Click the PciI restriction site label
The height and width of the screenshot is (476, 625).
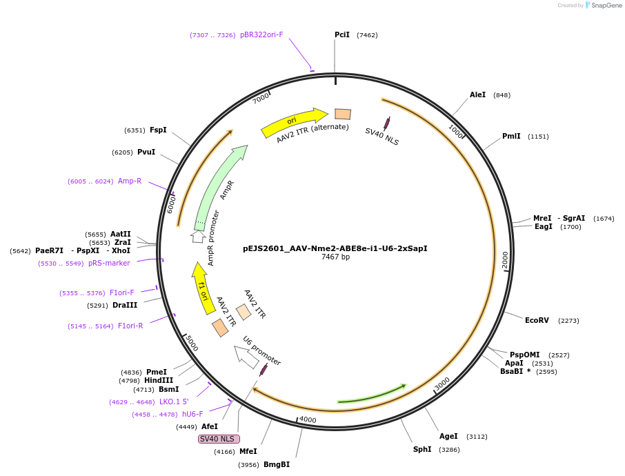pos(342,34)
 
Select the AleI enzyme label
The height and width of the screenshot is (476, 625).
pos(478,95)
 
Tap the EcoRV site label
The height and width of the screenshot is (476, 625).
pos(537,320)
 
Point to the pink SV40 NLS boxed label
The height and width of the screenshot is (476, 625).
pos(219,439)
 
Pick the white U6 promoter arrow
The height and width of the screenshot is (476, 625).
pos(245,355)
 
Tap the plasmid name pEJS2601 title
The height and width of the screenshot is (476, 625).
pos(335,248)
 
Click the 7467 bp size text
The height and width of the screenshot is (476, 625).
pos(335,257)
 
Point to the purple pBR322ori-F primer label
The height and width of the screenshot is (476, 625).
pos(261,34)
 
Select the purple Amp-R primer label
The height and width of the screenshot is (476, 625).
pos(130,181)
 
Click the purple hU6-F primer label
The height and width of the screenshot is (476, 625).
pos(192,414)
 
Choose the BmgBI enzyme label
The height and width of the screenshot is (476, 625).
pos(277,464)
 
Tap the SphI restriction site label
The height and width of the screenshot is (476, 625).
pos(422,449)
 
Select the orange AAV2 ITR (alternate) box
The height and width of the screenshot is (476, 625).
pos(343,115)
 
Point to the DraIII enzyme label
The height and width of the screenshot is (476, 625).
pos(125,305)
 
